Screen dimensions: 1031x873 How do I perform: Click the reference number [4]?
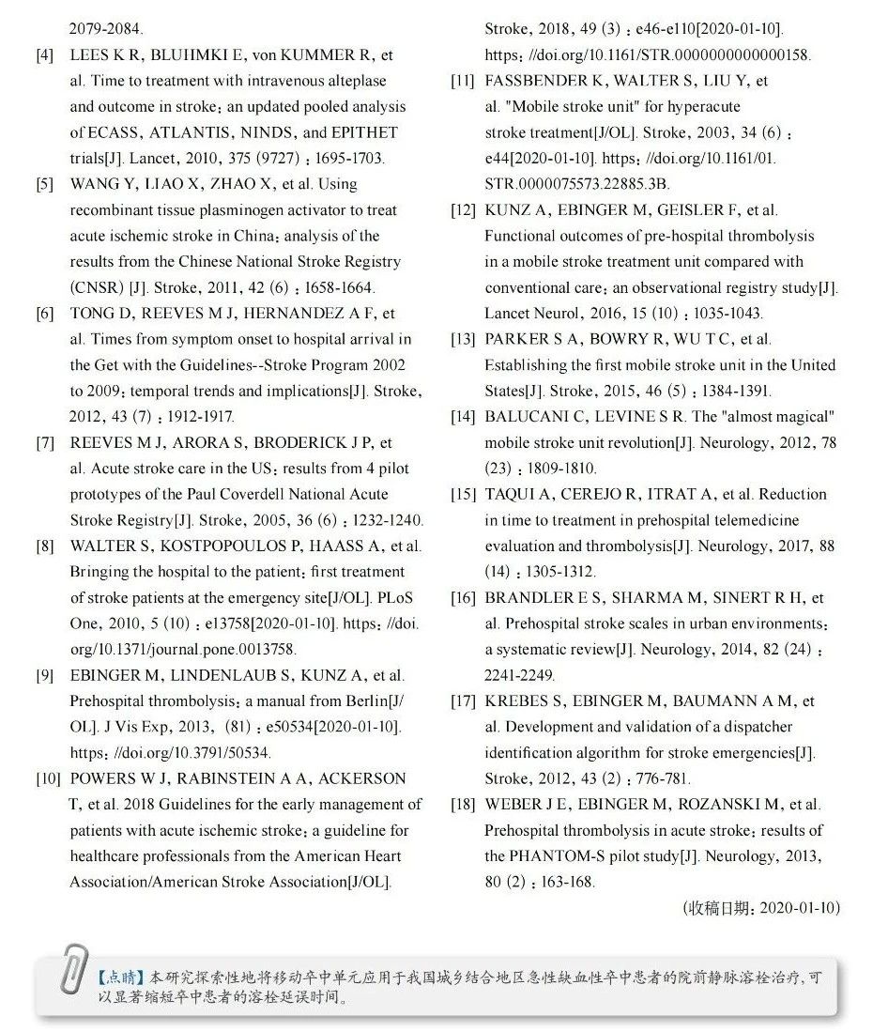[44, 55]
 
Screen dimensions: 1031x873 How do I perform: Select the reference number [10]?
[48, 778]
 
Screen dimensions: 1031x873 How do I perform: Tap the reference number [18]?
[463, 804]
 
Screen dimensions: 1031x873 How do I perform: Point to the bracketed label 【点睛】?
[117, 977]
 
